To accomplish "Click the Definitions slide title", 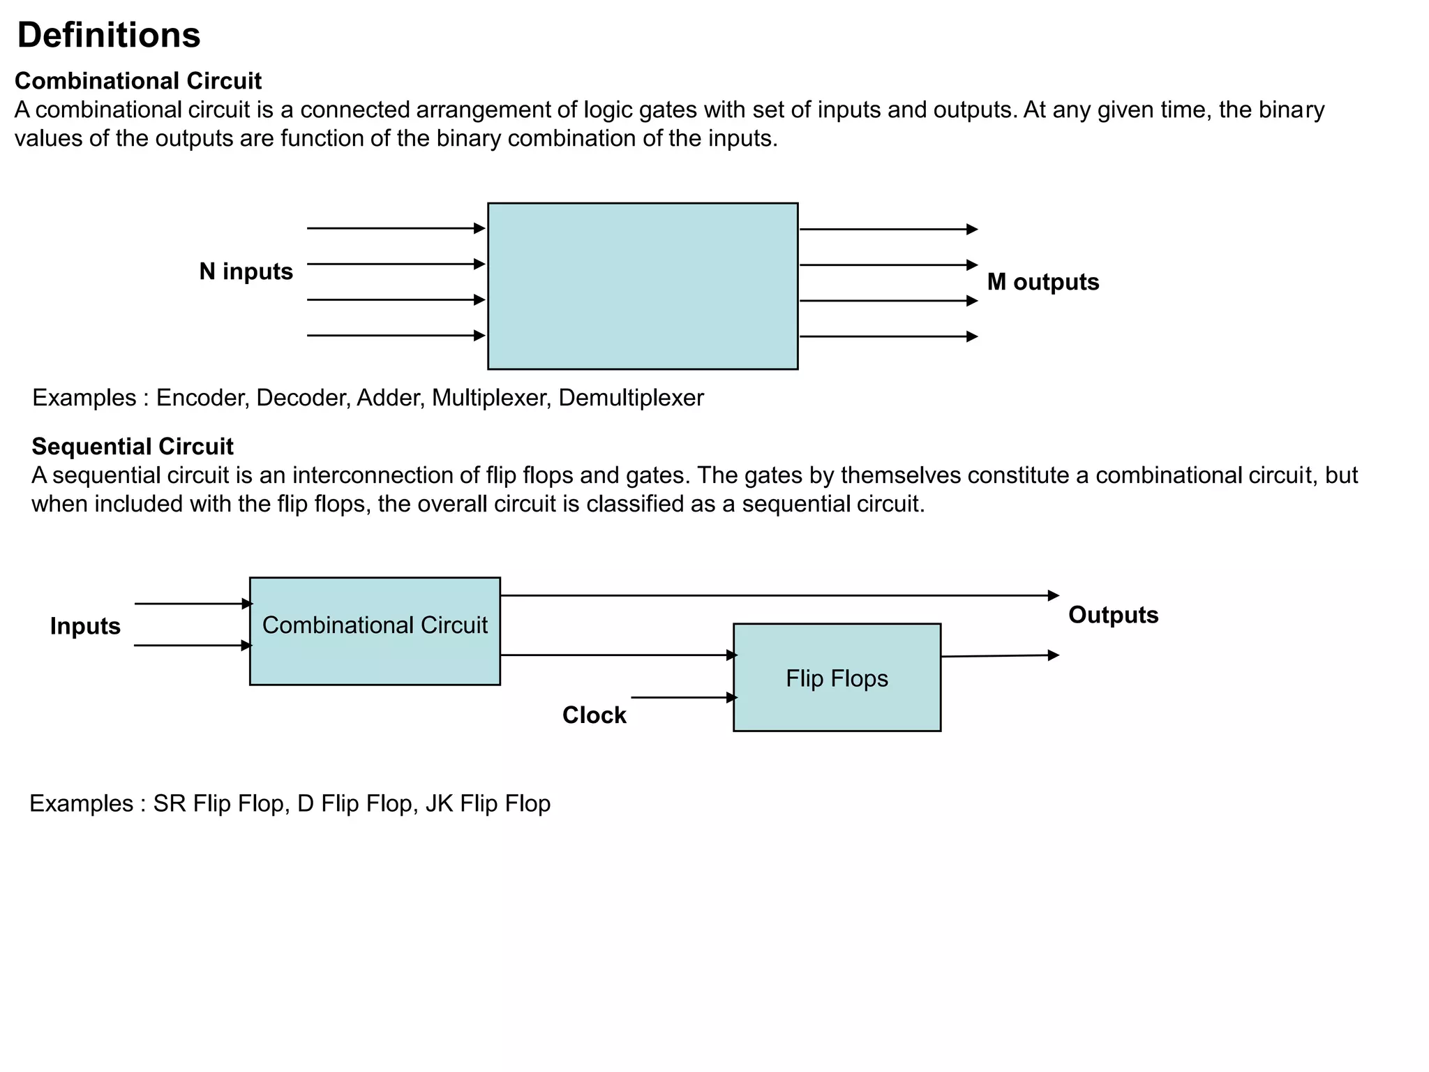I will [109, 35].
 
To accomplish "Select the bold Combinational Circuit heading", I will [138, 81].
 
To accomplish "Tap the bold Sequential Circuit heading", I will [133, 447].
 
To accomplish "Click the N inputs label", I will [246, 271].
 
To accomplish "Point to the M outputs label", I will [1042, 282].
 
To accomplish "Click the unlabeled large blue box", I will [642, 286].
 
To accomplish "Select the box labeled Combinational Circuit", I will [375, 632].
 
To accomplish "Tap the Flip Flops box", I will [837, 678].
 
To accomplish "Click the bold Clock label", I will [594, 715].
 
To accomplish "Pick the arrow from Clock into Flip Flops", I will [684, 697].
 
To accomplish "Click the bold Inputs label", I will [85, 626].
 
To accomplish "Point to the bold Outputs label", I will [1113, 615].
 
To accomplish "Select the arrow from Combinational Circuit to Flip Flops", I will [618, 655].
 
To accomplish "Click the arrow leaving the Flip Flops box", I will [999, 656].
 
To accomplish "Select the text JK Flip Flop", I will [488, 803].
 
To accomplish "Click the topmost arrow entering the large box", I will [395, 228].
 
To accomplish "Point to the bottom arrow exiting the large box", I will [888, 336].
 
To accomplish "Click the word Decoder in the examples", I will [302, 398].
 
